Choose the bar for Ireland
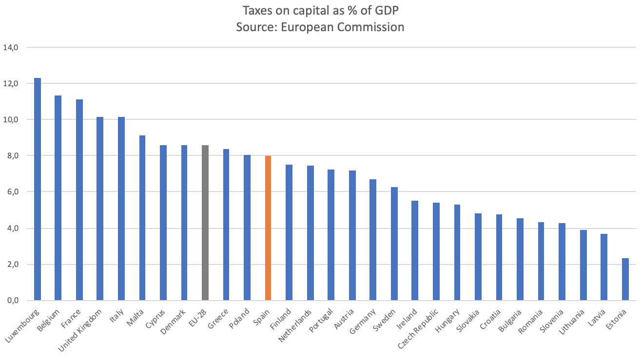tap(415, 250)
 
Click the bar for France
tap(79, 200)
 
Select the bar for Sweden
tap(394, 244)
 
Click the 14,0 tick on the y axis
tap(11, 48)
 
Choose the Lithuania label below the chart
tap(570, 322)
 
